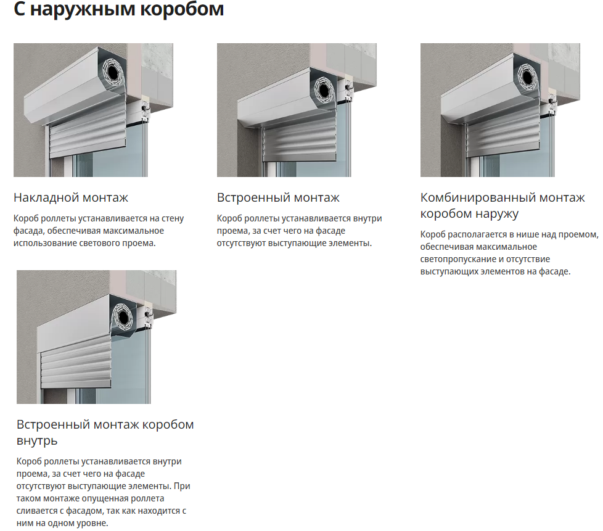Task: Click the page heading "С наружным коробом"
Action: click(119, 9)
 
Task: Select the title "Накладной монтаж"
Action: click(71, 197)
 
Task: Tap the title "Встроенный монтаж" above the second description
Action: click(278, 197)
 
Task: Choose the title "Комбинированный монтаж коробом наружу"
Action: click(502, 205)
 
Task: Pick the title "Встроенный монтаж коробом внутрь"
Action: click(105, 432)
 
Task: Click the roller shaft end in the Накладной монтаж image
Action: click(113, 72)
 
